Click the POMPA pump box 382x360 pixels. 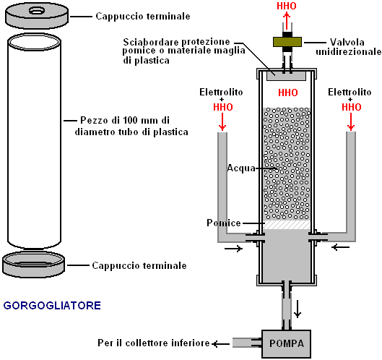(x=286, y=343)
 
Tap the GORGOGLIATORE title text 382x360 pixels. (x=52, y=306)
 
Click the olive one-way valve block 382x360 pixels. (x=287, y=42)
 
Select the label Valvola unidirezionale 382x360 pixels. (x=348, y=47)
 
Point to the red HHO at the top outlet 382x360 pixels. (x=287, y=6)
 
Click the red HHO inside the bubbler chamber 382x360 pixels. (x=288, y=93)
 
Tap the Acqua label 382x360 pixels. (x=241, y=168)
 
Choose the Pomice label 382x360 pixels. (x=224, y=223)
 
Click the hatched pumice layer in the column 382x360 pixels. (x=287, y=225)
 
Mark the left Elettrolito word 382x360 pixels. (x=221, y=93)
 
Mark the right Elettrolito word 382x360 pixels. (x=350, y=93)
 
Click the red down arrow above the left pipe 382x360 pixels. (x=222, y=121)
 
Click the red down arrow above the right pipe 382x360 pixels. (x=351, y=121)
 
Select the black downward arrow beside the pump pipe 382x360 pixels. (x=298, y=309)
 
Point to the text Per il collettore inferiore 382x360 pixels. (x=154, y=343)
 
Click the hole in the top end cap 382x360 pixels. (x=37, y=11)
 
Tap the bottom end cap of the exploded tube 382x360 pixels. (x=34, y=264)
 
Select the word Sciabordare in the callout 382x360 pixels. (x=151, y=42)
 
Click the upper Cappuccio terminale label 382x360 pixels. (x=143, y=17)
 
